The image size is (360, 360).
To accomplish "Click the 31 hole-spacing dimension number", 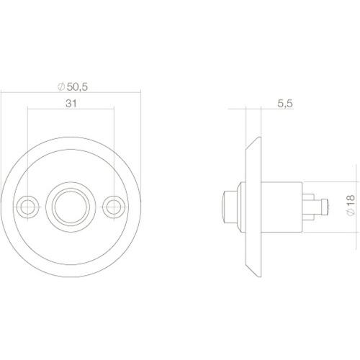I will (x=71, y=104).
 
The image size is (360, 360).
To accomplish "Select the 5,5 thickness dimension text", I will (x=285, y=104).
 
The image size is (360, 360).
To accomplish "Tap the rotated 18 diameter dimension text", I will (x=349, y=205).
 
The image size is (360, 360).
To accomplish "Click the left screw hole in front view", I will (x=29, y=205).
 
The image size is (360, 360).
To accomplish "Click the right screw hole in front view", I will (x=111, y=205).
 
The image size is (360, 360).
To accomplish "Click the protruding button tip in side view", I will (x=228, y=206).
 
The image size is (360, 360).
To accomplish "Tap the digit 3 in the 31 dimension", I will (x=68, y=104).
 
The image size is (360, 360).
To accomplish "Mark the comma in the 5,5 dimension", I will (x=285, y=107).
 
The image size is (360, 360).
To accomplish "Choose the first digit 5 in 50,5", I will (x=71, y=87).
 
